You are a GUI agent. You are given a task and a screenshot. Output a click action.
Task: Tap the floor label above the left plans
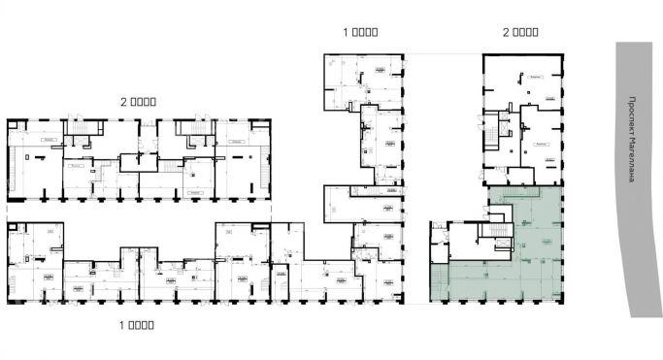click(138, 100)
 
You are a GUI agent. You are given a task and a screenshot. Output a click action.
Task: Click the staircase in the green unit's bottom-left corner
click(438, 282)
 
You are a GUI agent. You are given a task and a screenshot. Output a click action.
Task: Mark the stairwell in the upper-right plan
click(504, 126)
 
